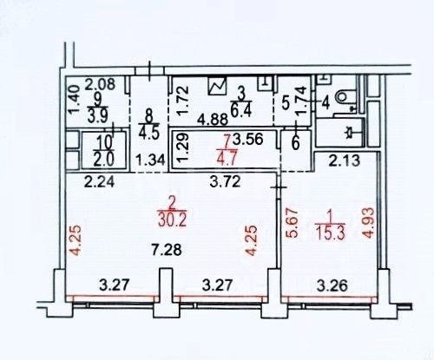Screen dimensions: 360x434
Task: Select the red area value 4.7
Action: click(x=227, y=158)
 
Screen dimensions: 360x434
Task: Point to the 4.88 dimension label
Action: click(x=213, y=120)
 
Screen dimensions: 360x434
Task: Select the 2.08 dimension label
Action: click(x=99, y=85)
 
